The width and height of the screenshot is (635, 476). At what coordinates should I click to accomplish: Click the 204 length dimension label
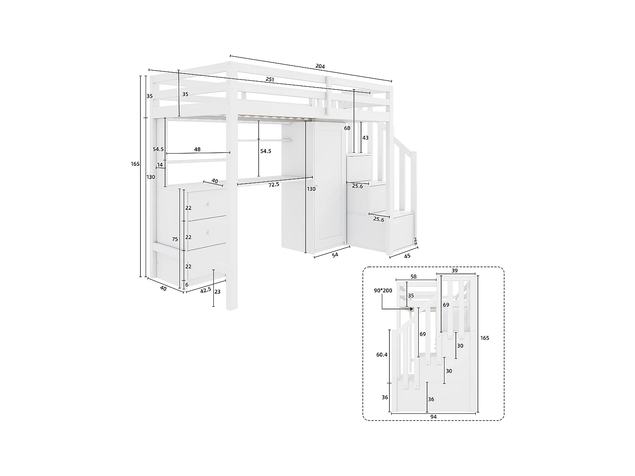[320, 66]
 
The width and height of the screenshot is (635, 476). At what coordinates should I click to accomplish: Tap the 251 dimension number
[270, 79]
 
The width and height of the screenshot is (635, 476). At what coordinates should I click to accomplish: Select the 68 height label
[347, 128]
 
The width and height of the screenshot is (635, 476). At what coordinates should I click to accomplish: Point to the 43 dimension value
[365, 138]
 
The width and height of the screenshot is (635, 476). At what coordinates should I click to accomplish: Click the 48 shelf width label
[197, 149]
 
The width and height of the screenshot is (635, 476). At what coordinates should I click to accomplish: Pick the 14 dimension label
[160, 165]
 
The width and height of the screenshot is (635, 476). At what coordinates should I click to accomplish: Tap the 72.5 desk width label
[273, 184]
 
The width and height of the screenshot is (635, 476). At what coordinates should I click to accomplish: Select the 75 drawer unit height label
[175, 239]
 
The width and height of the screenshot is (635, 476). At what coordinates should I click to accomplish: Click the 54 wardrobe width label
[335, 255]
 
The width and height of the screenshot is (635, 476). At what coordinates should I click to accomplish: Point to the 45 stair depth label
[407, 256]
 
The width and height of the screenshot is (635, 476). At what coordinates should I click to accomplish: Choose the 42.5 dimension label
[206, 290]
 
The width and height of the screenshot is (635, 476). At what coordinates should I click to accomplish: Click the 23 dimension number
[217, 292]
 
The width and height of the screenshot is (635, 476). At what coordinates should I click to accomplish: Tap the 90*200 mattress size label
[383, 290]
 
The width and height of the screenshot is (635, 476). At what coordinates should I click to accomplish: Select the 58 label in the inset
[414, 277]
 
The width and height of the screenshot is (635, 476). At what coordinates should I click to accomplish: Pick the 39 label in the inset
[455, 270]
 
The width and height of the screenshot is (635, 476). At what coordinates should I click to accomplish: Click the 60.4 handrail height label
[382, 355]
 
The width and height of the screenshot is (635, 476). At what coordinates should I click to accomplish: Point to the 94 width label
[433, 417]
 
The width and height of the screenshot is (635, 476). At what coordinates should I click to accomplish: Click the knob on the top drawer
[208, 204]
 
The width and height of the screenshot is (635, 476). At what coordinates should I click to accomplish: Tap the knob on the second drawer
[208, 233]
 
